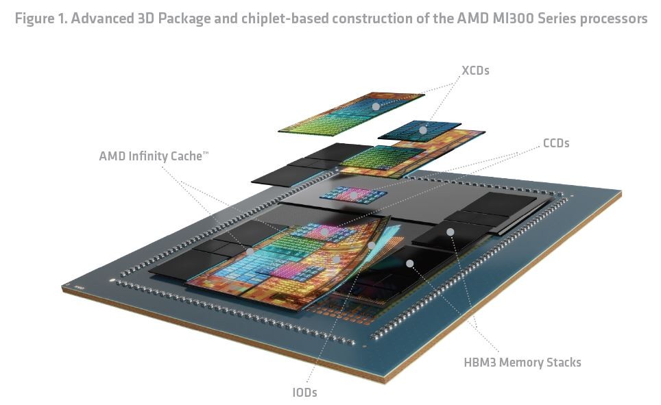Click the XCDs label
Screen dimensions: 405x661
[475, 70]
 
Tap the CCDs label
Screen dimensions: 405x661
[555, 143]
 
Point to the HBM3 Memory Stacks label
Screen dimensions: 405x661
[522, 362]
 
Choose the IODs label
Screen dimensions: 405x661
[304, 392]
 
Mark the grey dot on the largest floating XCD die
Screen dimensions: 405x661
[376, 106]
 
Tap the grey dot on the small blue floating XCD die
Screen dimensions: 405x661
[423, 130]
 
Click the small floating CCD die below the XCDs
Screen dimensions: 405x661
[353, 195]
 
